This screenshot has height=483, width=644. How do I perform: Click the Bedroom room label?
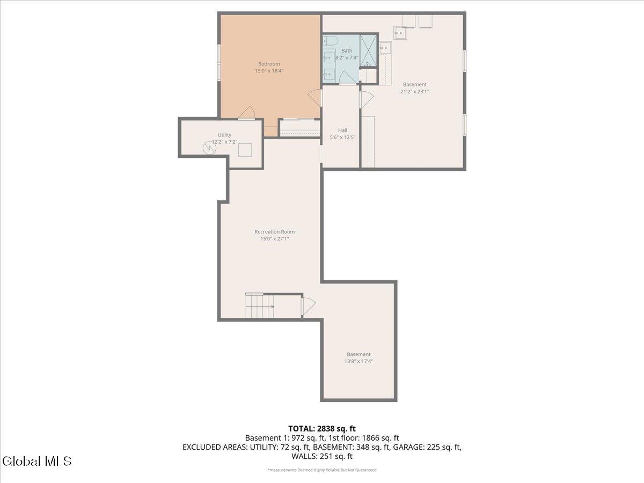[269, 64]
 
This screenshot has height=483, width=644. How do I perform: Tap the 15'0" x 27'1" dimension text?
[275, 239]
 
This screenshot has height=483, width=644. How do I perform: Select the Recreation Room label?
[275, 232]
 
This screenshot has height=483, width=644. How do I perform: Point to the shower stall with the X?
[368, 51]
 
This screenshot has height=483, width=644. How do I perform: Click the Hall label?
[342, 130]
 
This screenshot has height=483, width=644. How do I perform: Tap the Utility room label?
[224, 135]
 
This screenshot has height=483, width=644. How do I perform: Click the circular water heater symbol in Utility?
[209, 148]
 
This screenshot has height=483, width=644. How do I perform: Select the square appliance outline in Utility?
[245, 150]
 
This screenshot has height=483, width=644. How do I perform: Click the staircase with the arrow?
[260, 306]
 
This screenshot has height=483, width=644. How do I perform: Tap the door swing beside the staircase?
[309, 306]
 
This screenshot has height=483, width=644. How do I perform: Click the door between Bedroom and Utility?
[247, 113]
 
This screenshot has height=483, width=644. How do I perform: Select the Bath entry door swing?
[347, 78]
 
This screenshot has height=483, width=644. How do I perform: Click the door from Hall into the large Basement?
[367, 99]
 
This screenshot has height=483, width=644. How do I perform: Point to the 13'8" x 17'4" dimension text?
[358, 361]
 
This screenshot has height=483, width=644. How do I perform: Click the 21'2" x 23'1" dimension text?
[414, 91]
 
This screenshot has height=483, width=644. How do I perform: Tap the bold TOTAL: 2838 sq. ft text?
[322, 429]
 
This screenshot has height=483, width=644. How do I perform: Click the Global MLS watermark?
[36, 461]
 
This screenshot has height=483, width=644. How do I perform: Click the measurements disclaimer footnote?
[322, 470]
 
